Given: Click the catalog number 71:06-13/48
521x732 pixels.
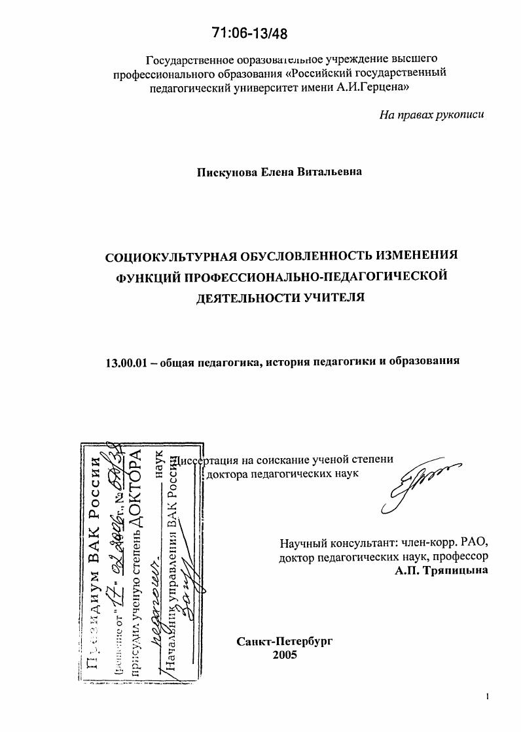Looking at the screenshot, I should pyautogui.click(x=250, y=33).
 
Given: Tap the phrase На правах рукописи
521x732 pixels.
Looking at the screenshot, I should pyautogui.click(x=432, y=115).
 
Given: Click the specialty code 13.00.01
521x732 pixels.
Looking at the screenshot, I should pyautogui.click(x=124, y=361).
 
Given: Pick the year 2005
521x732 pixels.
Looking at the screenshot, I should pyautogui.click(x=285, y=655).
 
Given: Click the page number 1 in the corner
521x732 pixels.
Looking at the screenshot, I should pyautogui.click(x=488, y=697).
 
